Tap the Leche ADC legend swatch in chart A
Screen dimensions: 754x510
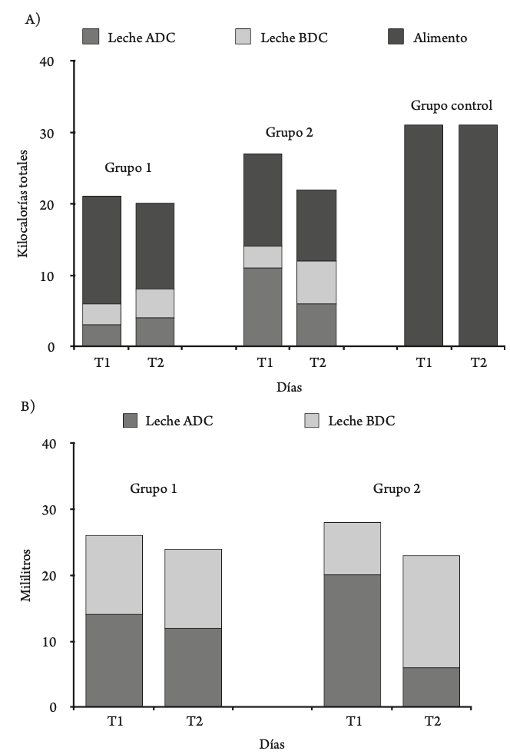pyautogui.click(x=91, y=36)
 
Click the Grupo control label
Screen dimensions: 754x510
pyautogui.click(x=452, y=105)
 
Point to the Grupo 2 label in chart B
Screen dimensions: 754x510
pyautogui.click(x=396, y=488)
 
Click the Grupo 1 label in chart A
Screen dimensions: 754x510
pyautogui.click(x=127, y=167)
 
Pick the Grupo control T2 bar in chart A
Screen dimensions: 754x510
pyautogui.click(x=478, y=236)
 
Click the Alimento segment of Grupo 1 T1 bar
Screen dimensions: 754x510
pyautogui.click(x=101, y=250)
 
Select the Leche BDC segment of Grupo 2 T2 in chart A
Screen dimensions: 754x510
pyautogui.click(x=316, y=282)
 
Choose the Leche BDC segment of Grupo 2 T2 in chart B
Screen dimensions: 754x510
pyautogui.click(x=432, y=611)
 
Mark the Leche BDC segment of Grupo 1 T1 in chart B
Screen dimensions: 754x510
pyautogui.click(x=114, y=574)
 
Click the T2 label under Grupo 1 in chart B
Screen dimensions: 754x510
pyautogui.click(x=193, y=722)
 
